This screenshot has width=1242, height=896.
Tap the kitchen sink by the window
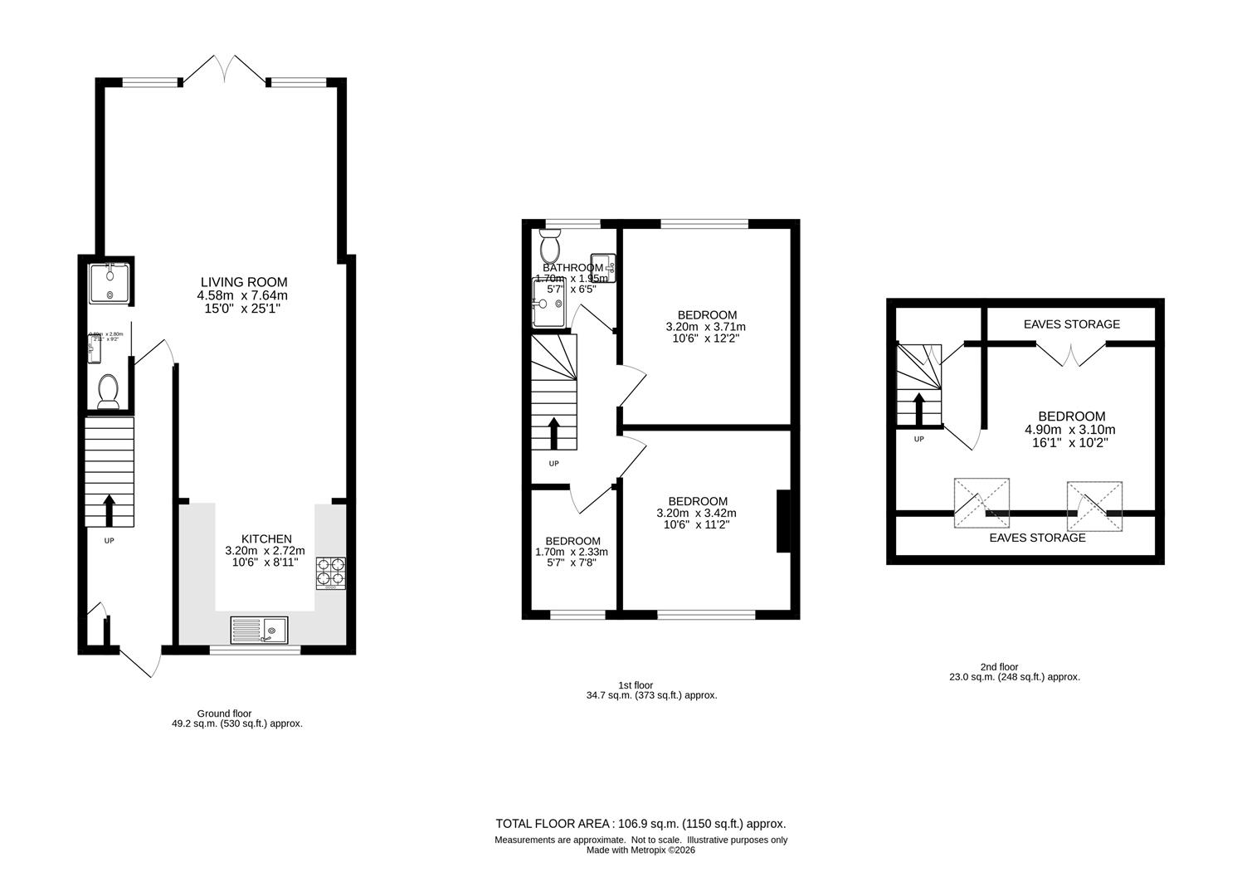[259, 630]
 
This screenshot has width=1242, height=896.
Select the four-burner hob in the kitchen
[330, 572]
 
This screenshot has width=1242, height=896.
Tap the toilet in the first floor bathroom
[549, 246]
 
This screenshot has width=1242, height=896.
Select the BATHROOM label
[572, 268]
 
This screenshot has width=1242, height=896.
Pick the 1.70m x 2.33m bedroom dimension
[572, 552]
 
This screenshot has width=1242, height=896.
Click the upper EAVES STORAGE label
[1070, 324]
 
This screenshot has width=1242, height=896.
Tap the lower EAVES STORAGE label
[1037, 538]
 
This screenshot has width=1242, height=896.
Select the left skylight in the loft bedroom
[981, 503]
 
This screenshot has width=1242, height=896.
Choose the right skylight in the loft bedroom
[1094, 506]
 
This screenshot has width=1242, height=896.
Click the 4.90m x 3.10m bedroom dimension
[1071, 430]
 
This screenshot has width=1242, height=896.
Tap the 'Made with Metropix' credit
[640, 850]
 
